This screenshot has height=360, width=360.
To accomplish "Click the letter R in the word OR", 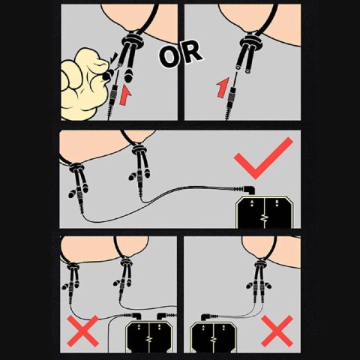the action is tap(190, 52).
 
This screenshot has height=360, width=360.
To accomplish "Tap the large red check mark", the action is tap(263, 158).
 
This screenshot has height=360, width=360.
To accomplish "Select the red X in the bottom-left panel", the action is tap(83, 331).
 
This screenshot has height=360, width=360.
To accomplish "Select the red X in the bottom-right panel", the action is tap(277, 331).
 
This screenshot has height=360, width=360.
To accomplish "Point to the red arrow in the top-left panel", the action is tap(125, 96).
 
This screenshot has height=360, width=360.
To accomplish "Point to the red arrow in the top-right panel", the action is tap(223, 88).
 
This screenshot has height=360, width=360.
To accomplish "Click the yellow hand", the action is tap(84, 84).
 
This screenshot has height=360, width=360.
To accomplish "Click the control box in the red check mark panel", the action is tap(265, 212).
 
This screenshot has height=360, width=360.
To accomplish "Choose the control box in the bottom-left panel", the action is tap(149, 337).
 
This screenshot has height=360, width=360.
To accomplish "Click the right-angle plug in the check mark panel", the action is tap(245, 190).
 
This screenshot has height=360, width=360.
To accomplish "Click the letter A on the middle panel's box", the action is tap(252, 201).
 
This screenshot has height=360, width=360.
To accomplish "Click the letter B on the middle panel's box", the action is tap(277, 201).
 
